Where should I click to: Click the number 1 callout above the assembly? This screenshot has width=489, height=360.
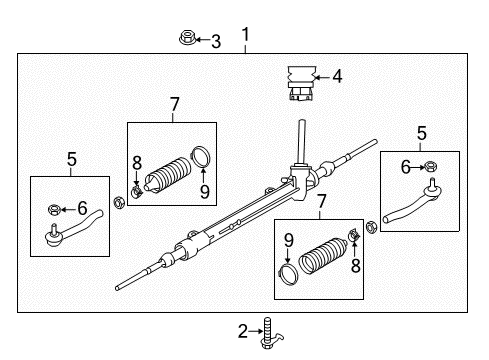[245, 37]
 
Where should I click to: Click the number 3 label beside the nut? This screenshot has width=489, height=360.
[215, 40]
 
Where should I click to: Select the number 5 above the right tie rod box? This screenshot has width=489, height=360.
[420, 131]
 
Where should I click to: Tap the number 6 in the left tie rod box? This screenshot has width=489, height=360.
[83, 208]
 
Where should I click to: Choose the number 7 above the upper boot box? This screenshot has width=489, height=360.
[173, 103]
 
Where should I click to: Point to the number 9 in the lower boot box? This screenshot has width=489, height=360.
[288, 239]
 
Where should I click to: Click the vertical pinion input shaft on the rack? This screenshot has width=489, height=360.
[300, 140]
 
